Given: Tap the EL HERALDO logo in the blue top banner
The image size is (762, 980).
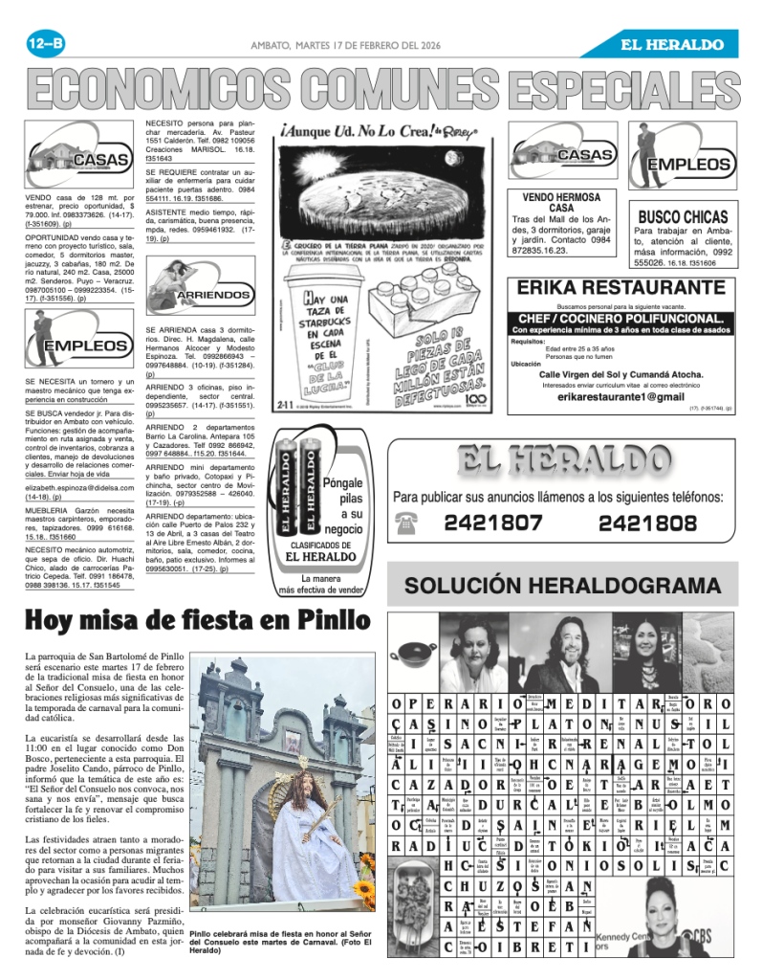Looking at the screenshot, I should [671, 44].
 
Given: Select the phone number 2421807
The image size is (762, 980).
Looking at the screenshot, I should [493, 523].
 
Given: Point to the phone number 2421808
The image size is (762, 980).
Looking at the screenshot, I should [647, 523].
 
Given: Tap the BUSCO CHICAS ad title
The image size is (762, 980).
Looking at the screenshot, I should [683, 217].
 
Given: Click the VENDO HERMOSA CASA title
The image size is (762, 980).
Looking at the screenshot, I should [561, 203].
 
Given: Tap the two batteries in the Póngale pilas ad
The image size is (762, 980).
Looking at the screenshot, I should [296, 484].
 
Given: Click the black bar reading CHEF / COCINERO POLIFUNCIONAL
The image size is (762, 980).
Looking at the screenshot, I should [620, 318].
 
